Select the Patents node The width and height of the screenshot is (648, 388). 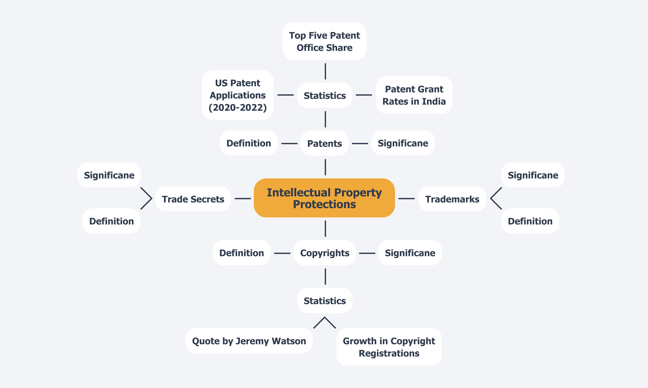[325, 143]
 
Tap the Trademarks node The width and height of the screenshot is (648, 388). [452, 199]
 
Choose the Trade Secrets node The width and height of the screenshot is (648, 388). [193, 199]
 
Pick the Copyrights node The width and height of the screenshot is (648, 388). [325, 253]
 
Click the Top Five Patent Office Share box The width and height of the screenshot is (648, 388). [325, 41]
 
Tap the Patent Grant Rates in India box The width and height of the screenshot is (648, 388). [414, 95]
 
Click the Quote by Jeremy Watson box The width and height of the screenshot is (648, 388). [249, 341]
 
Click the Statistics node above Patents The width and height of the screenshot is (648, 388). [325, 95]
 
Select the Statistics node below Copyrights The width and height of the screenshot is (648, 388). [325, 301]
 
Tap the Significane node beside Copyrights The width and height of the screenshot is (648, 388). [410, 253]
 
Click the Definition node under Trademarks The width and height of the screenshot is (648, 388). [530, 221]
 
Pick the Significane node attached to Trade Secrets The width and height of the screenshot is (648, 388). [109, 175]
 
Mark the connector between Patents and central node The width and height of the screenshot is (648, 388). [325, 167]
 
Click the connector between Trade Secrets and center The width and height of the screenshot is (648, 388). [243, 199]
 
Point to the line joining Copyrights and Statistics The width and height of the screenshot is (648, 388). [325, 276]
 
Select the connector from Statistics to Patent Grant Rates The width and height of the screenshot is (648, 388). [364, 95]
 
